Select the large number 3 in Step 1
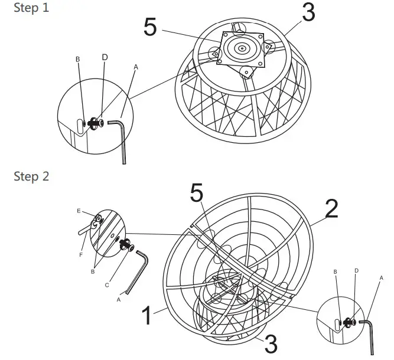pos(308,13)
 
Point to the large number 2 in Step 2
pos(332,208)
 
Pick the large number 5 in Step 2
pos(197,194)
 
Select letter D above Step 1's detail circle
pos(105,57)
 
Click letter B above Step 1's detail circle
pos(77,60)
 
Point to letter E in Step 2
pos(79,211)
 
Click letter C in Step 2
pos(107,285)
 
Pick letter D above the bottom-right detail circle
pos(355,271)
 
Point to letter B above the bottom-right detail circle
pos(335,272)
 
